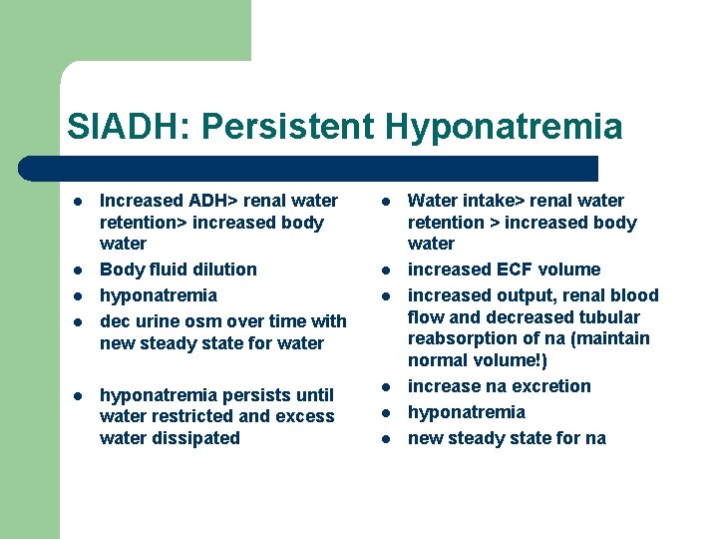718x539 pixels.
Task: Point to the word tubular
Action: click(608, 317)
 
